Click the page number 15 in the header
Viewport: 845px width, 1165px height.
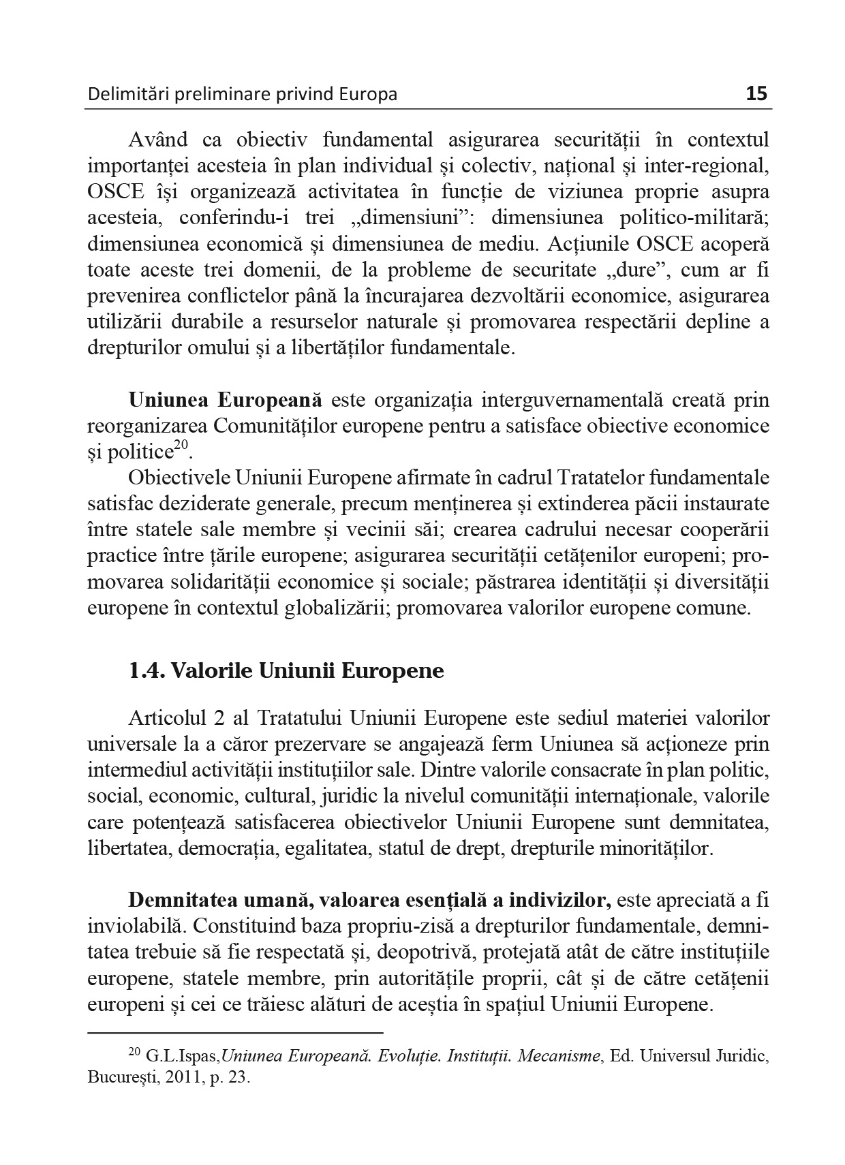756,93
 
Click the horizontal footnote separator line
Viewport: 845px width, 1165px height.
235,1033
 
